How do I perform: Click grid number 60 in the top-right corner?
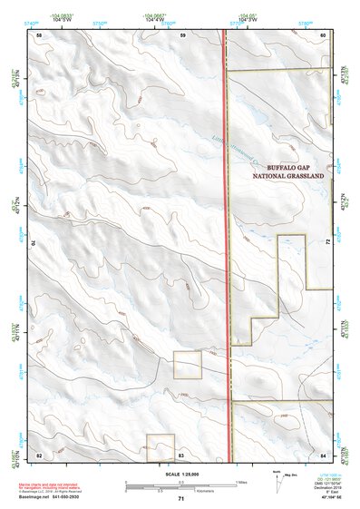pyautogui.click(x=323, y=34)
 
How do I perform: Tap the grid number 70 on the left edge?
pyautogui.click(x=36, y=243)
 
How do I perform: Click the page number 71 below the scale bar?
pyautogui.click(x=181, y=499)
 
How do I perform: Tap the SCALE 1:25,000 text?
pyautogui.click(x=181, y=475)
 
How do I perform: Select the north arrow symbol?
pyautogui.click(x=275, y=477)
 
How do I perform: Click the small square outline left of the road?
pyautogui.click(x=188, y=366)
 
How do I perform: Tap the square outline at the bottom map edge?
pyautogui.click(x=160, y=446)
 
